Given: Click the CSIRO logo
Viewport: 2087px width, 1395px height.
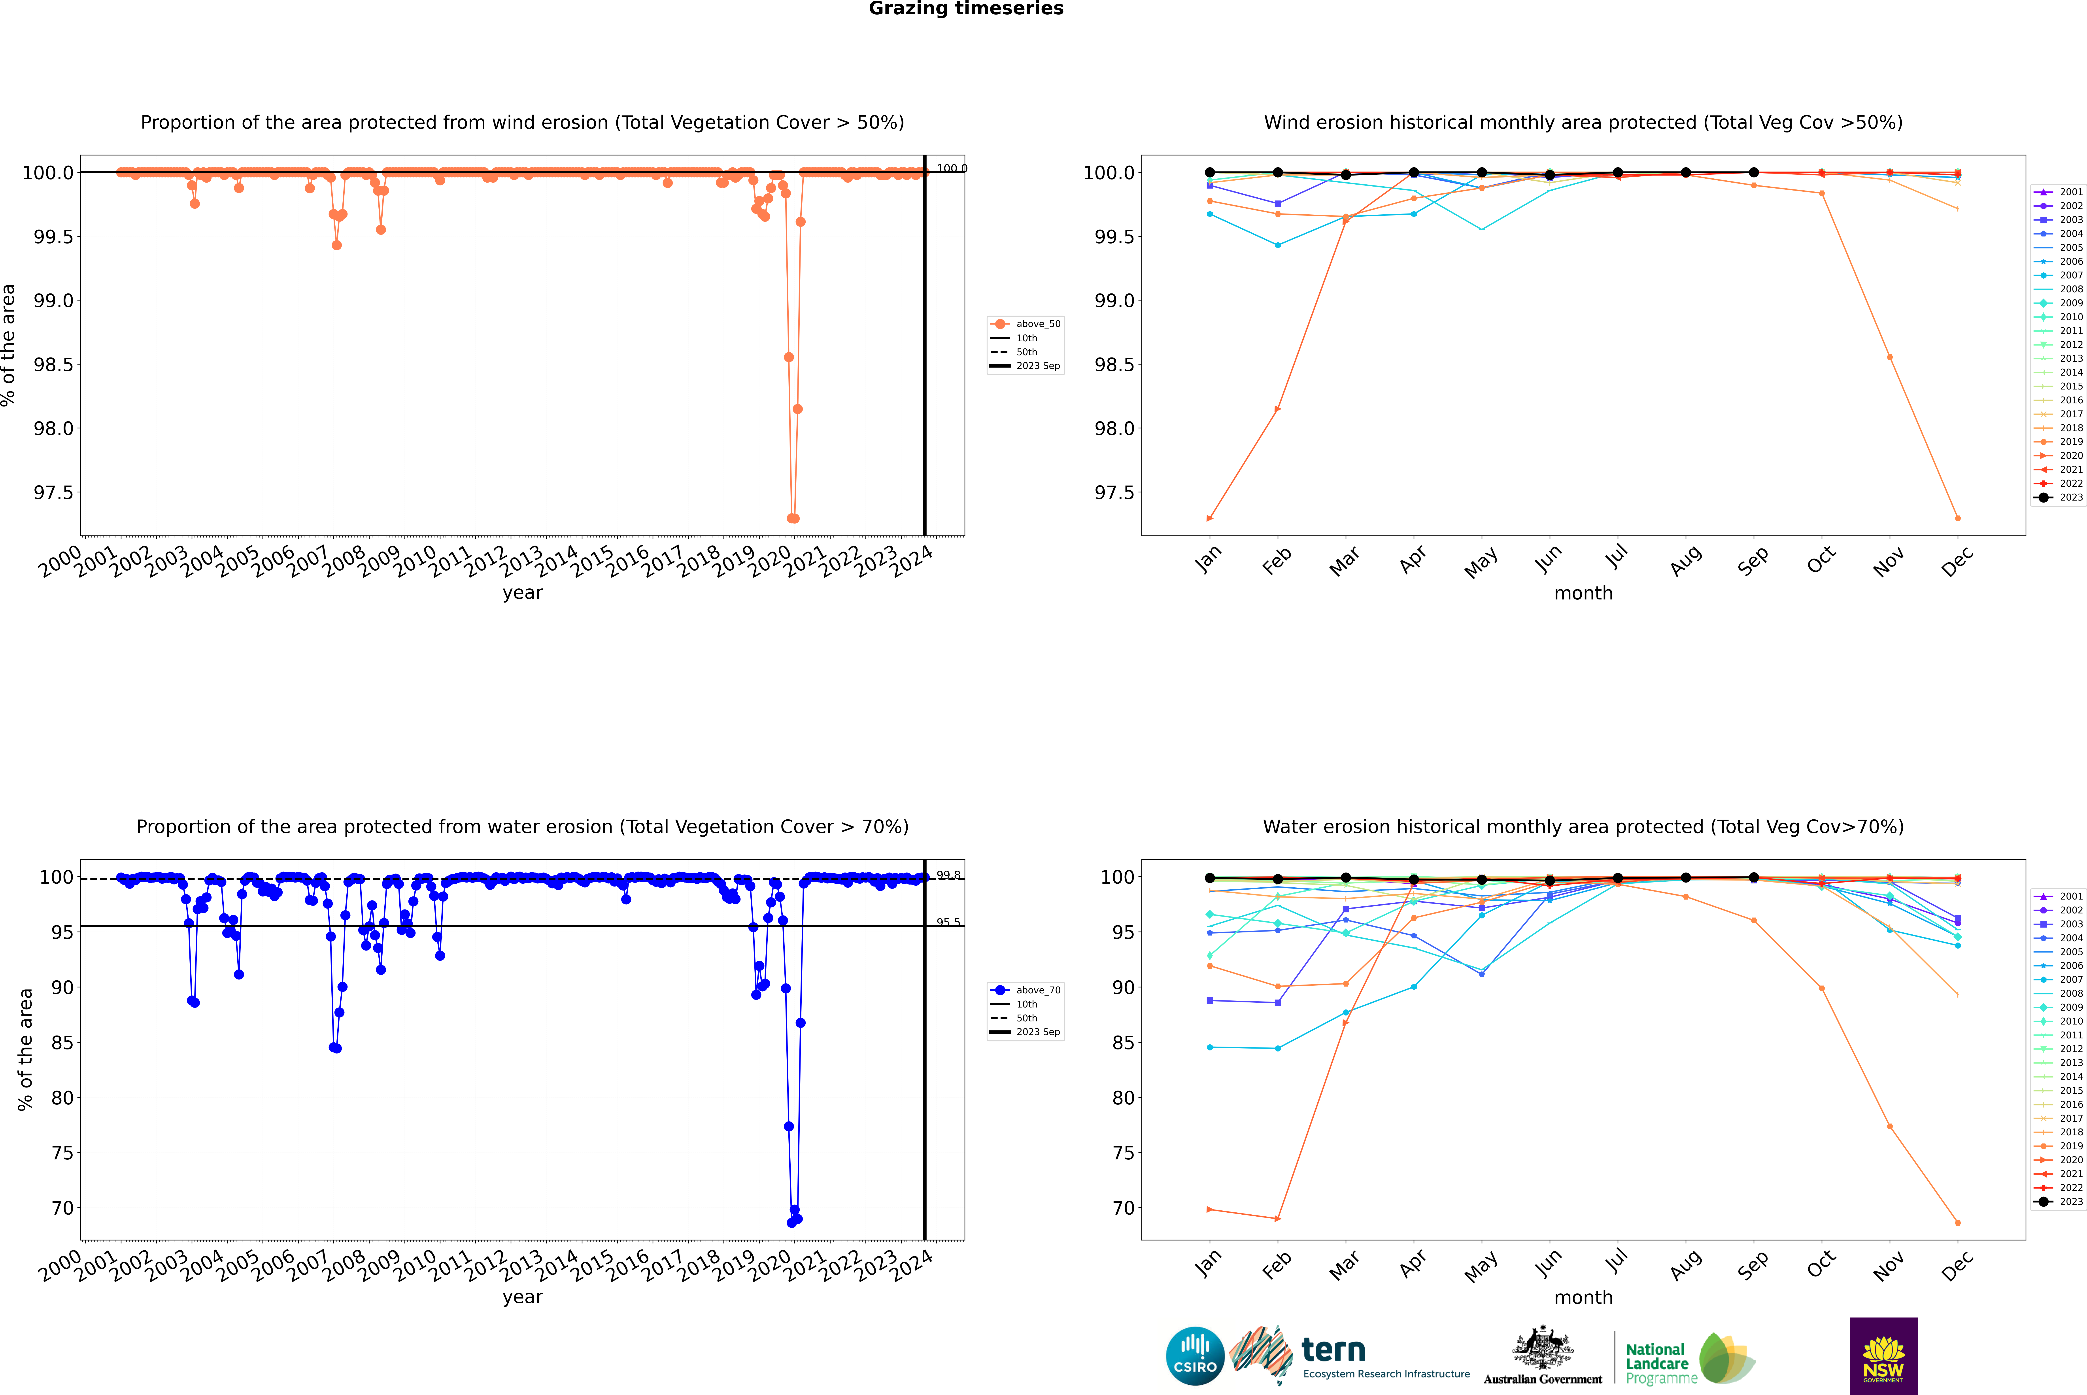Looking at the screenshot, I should point(1195,1356).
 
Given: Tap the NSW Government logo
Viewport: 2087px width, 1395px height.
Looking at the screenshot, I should point(1883,1356).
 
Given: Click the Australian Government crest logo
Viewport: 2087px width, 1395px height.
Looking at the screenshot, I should point(1543,1356).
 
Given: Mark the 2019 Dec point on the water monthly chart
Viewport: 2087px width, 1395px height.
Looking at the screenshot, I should point(1957,1222).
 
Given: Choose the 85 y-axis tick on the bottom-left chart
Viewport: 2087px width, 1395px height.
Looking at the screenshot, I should point(62,1043).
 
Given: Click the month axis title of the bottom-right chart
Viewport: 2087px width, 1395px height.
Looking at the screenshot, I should point(1583,1297).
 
